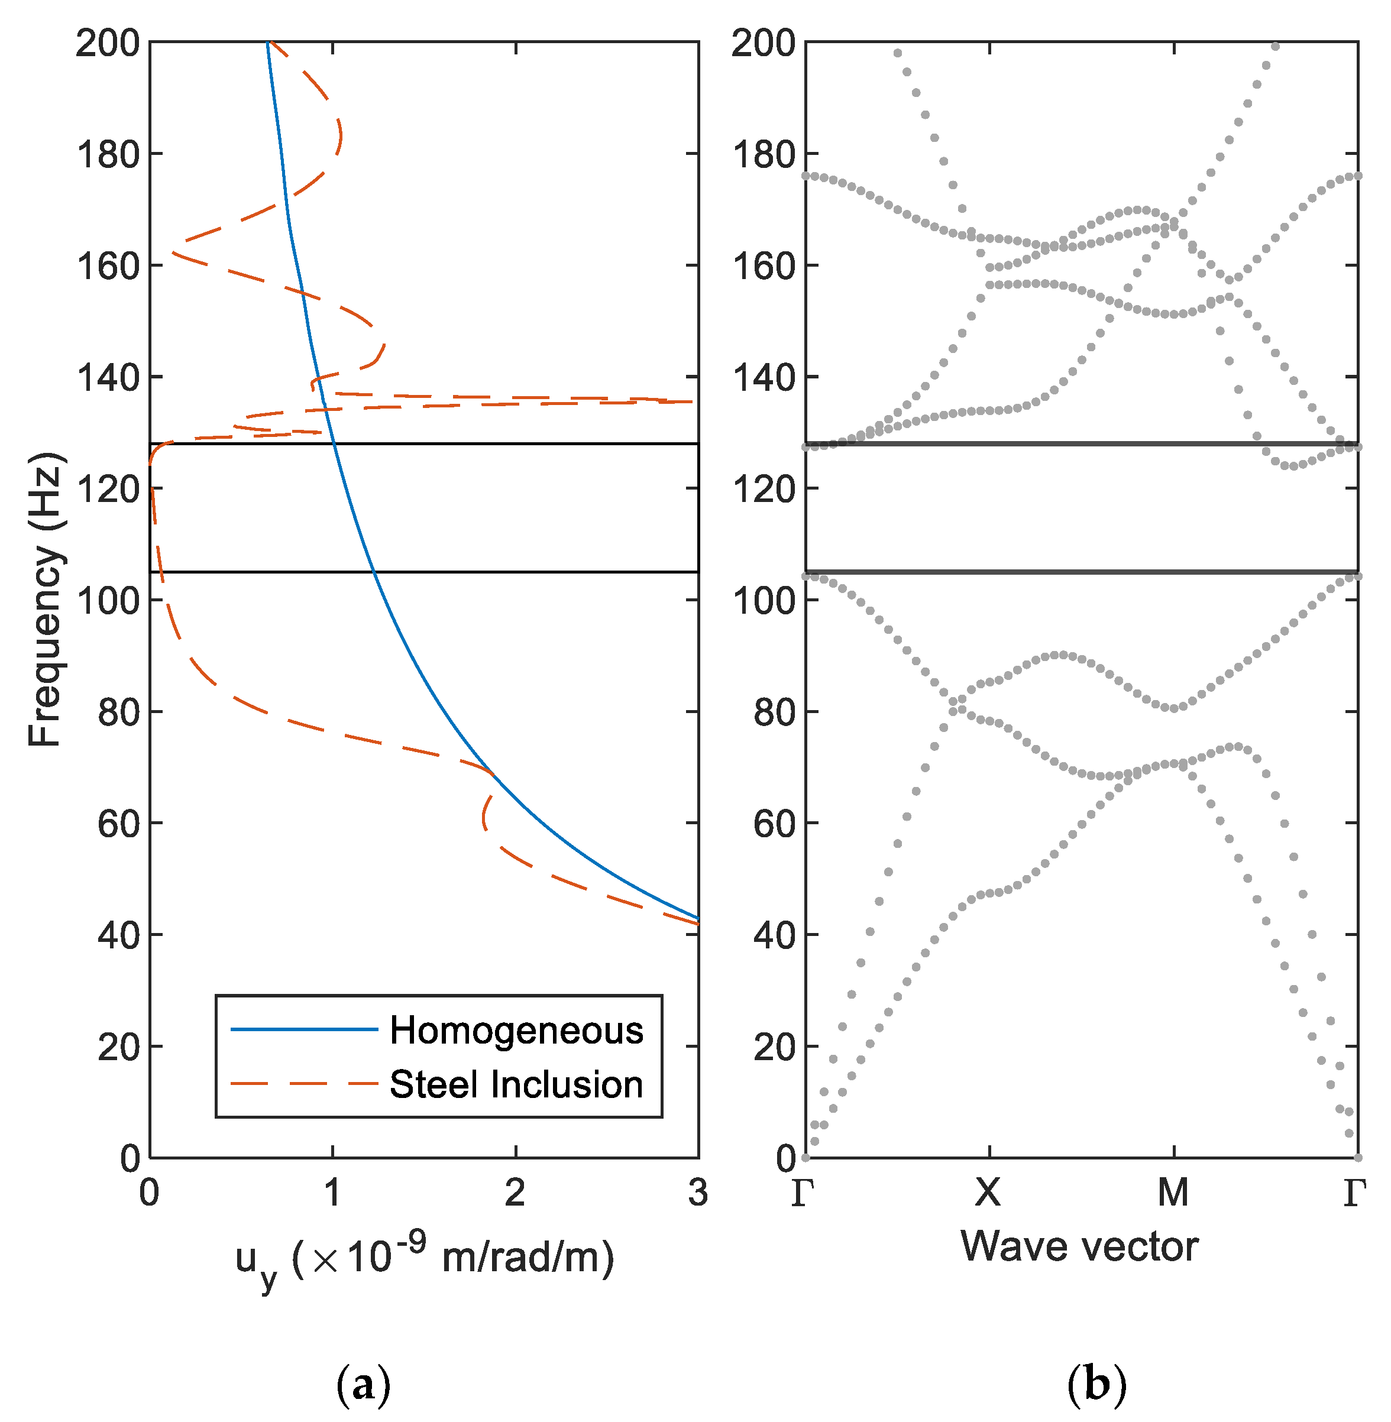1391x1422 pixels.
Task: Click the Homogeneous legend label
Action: pos(516,1031)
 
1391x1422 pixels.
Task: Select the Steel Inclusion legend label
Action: pos(516,1084)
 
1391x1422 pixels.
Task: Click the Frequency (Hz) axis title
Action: pos(46,599)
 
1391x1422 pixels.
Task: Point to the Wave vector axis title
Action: pos(1079,1246)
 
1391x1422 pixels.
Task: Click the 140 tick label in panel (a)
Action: pos(108,378)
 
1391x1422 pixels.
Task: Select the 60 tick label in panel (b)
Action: pos(774,824)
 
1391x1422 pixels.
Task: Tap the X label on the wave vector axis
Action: pos(988,1193)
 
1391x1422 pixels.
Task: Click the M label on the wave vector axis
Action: pos(1173,1193)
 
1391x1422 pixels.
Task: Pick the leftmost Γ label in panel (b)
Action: pos(803,1193)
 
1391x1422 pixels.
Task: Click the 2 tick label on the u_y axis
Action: pos(515,1193)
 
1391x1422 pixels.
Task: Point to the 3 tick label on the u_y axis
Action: pos(698,1193)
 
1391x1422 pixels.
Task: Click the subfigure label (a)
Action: pos(363,1385)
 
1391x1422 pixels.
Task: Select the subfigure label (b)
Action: pos(1096,1385)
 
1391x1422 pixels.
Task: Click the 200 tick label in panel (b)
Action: pos(764,44)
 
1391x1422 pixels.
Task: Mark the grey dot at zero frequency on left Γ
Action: pos(806,1158)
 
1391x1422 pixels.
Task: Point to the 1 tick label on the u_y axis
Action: pos(332,1193)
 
